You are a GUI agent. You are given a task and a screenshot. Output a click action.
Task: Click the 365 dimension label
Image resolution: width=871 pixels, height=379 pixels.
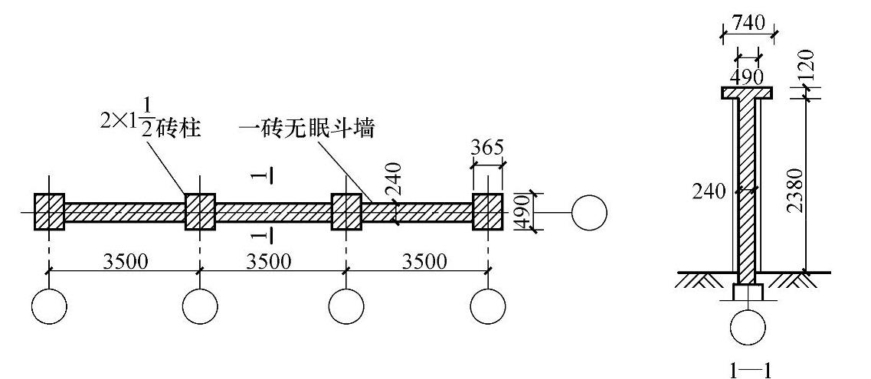[488, 149]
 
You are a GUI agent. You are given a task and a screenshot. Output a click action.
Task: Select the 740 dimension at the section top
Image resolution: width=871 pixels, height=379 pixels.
[747, 24]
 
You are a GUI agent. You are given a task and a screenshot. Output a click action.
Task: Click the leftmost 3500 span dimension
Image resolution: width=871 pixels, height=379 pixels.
[125, 261]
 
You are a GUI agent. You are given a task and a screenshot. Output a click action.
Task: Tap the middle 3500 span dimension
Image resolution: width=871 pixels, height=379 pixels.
[269, 261]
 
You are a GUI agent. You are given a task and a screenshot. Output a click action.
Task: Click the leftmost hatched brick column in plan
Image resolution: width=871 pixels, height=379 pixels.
[49, 211]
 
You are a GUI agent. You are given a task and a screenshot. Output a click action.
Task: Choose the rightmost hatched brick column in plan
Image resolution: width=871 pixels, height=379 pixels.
[488, 211]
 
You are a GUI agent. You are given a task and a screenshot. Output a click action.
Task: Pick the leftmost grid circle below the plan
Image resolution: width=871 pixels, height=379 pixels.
[49, 307]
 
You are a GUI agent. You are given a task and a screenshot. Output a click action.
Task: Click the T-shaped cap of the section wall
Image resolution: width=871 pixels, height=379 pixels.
[747, 93]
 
